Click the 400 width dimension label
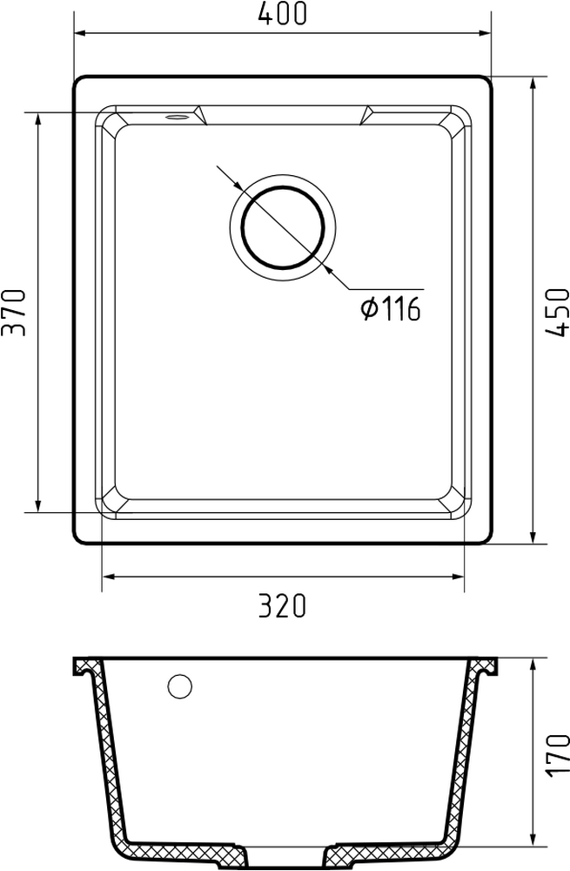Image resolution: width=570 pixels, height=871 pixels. tap(283, 14)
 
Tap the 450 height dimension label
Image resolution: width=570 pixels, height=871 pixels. tap(558, 312)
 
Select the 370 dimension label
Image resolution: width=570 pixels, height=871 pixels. tap(13, 312)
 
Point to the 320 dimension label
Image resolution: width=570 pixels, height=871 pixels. tap(282, 606)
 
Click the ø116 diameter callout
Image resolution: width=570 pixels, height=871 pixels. tap(391, 309)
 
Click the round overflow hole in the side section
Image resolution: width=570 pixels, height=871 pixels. tap(180, 686)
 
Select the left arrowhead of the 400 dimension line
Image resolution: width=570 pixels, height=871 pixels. tap(80, 33)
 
